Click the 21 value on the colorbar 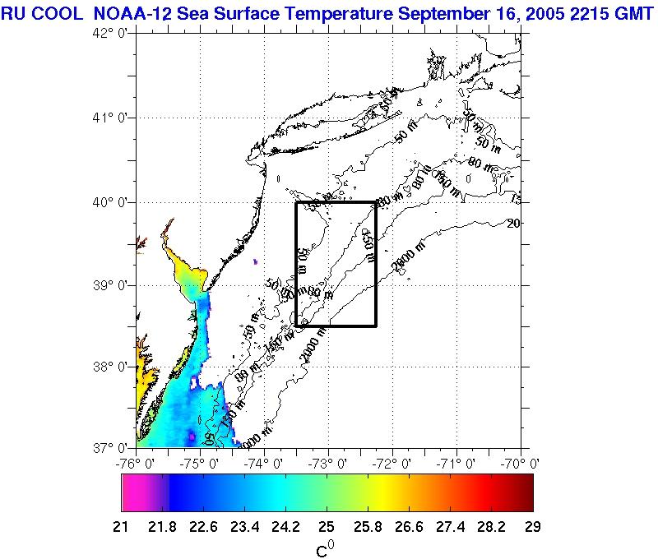click(127, 526)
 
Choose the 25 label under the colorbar click(327, 526)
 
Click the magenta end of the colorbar click(132, 493)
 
